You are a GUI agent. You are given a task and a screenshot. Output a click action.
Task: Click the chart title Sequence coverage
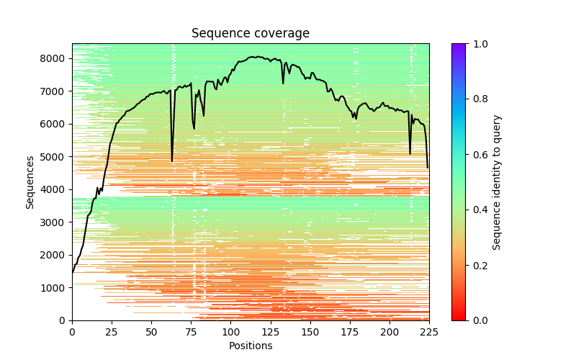click(x=250, y=34)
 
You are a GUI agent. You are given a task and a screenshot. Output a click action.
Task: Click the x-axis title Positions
click(x=250, y=346)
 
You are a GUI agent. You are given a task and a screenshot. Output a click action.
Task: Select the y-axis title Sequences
click(x=30, y=182)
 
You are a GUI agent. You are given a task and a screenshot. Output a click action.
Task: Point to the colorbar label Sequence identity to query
click(x=497, y=182)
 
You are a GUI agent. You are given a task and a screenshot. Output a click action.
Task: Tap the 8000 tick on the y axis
click(x=55, y=58)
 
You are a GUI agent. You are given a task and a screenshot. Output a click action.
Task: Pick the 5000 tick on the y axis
click(x=55, y=157)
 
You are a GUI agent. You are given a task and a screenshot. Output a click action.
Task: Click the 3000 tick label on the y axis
click(x=55, y=222)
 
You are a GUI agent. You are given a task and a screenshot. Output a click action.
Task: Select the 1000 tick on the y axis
click(x=55, y=288)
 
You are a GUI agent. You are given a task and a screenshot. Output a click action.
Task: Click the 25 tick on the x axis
click(x=112, y=331)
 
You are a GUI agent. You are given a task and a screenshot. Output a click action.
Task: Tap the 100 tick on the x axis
click(x=230, y=331)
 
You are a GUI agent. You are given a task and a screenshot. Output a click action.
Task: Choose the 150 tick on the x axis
click(x=310, y=331)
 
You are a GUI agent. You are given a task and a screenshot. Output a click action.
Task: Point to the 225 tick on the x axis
click(x=428, y=331)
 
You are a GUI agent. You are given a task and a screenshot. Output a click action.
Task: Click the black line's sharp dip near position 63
click(x=172, y=161)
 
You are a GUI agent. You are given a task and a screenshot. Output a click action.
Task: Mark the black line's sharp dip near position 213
click(x=410, y=153)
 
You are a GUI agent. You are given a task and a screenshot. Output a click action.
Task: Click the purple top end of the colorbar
click(x=459, y=46)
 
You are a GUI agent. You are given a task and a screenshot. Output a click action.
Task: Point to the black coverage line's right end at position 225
click(x=428, y=168)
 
